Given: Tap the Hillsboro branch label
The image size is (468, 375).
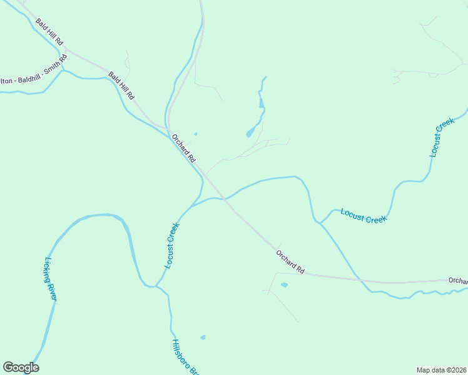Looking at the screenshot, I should point(185,357).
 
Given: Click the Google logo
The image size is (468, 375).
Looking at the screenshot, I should point(21,367).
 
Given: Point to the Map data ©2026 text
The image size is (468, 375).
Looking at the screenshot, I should point(441,370).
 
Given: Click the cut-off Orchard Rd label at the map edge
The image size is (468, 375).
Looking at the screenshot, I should point(458,281).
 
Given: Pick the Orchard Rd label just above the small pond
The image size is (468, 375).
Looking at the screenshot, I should point(290,261).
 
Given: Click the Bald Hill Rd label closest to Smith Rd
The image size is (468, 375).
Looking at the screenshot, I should point(50,31).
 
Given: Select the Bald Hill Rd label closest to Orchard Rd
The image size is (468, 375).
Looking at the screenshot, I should point(121,86).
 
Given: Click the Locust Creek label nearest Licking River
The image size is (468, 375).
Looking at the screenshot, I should point(172,246).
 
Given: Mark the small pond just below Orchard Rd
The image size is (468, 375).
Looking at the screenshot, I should point(284,285).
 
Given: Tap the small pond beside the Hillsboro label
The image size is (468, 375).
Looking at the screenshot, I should point(203,337).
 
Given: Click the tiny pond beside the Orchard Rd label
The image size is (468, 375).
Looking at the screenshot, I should point(195,134).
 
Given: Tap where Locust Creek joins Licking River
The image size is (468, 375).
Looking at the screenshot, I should point(154,286).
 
